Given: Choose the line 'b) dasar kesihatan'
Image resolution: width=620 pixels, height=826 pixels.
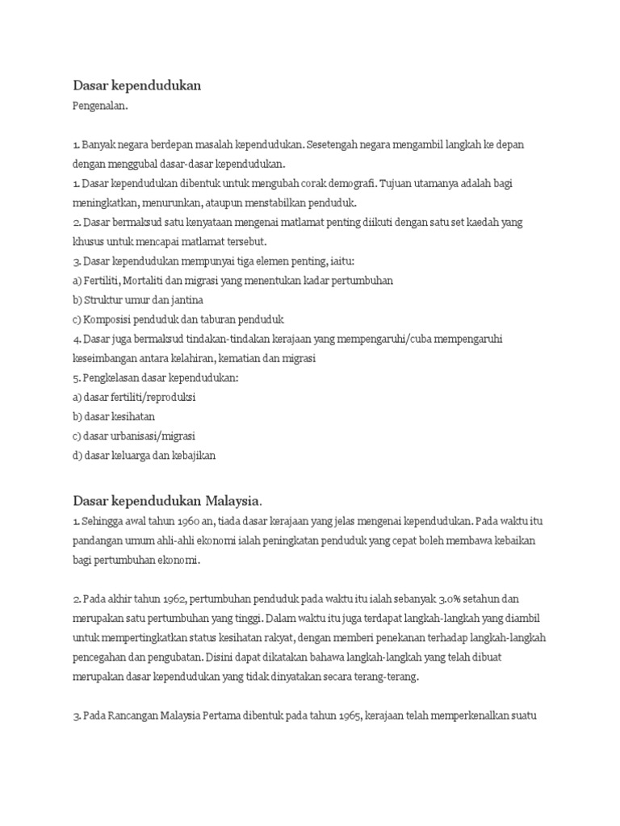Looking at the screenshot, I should [114, 416].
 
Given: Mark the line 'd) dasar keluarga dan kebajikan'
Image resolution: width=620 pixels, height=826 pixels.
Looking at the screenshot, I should [145, 455].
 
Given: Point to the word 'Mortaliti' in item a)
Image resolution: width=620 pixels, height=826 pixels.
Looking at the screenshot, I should [157, 279].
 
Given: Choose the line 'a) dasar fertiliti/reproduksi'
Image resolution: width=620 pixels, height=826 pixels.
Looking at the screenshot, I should [136, 397].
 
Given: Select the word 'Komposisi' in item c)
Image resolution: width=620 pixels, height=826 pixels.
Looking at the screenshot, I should [110, 319].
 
